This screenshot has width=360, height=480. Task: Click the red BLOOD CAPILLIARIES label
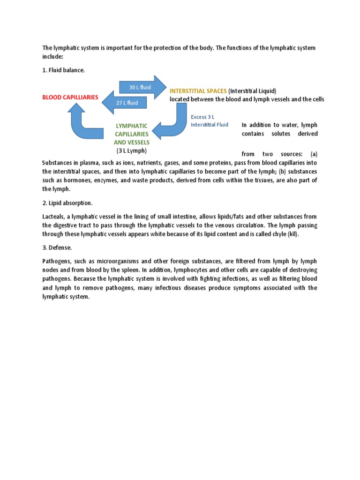pos(70,97)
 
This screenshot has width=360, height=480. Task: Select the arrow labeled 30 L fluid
pos(140,87)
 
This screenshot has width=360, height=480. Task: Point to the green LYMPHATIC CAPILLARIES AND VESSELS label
pos(132,134)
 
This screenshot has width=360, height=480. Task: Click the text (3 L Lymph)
pos(132,150)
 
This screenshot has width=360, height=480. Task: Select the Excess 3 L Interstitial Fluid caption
pos(209,121)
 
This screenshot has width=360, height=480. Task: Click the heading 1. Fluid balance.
pos(64,70)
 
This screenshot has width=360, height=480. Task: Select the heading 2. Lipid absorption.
pos(67,203)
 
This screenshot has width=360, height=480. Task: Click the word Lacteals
pos(53,216)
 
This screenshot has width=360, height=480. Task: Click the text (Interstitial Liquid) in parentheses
pos(253,90)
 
